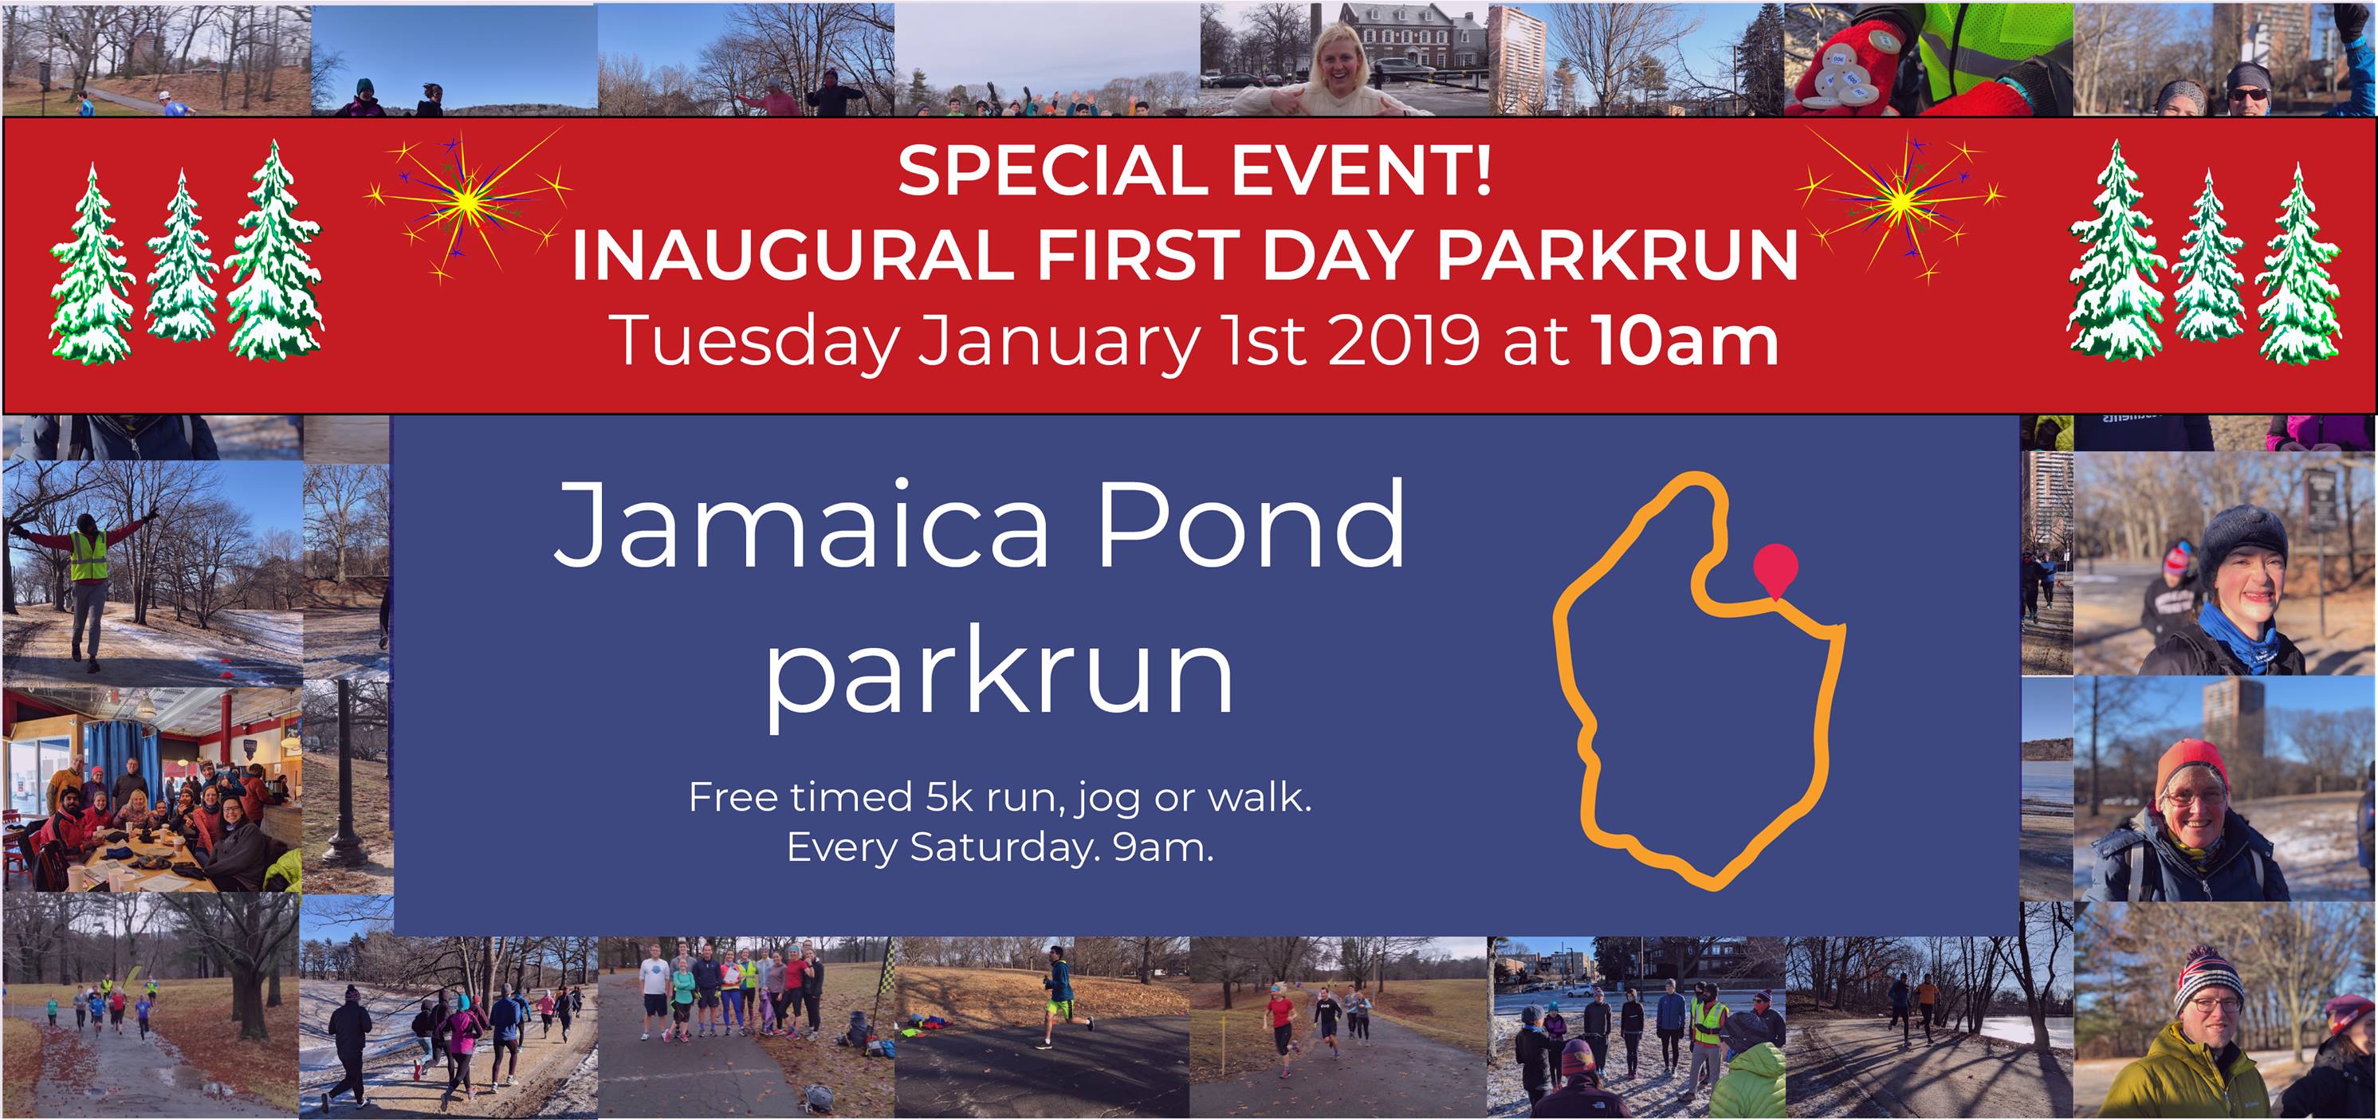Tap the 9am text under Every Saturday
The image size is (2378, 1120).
[1163, 847]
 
